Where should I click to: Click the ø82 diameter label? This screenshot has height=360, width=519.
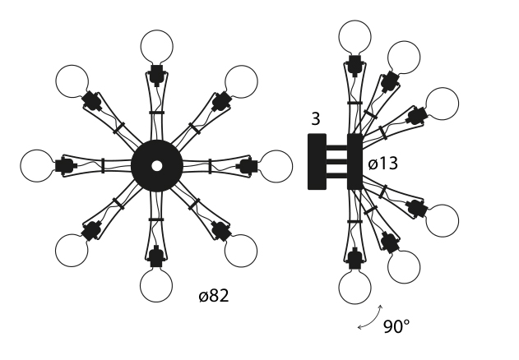[x=214, y=296]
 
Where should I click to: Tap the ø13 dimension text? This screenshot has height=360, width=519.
[x=382, y=164]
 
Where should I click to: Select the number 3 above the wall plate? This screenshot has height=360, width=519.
[x=316, y=120]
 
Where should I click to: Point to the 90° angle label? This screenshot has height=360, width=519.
[x=396, y=326]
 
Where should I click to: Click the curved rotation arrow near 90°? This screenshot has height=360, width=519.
[x=369, y=319]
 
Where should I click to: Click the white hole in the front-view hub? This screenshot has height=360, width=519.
[x=156, y=166]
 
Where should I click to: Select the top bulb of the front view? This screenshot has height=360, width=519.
[x=156, y=46]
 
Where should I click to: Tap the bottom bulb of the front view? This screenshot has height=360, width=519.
[x=156, y=285]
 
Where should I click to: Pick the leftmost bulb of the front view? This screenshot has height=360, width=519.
[x=37, y=166]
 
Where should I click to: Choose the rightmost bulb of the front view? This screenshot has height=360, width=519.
[x=276, y=166]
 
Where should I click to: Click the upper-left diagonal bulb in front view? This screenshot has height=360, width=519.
[x=72, y=81]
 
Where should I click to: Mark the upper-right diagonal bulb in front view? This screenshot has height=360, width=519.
[x=241, y=81]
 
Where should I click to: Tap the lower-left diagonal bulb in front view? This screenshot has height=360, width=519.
[x=72, y=250]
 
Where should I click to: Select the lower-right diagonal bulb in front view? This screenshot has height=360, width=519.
[x=241, y=250]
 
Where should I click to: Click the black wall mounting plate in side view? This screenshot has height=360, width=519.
[x=317, y=162]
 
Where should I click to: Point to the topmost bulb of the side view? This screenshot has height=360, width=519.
[x=354, y=37]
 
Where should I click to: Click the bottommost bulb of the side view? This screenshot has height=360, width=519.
[x=354, y=288]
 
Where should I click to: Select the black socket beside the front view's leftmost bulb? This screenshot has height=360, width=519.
[x=64, y=166]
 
